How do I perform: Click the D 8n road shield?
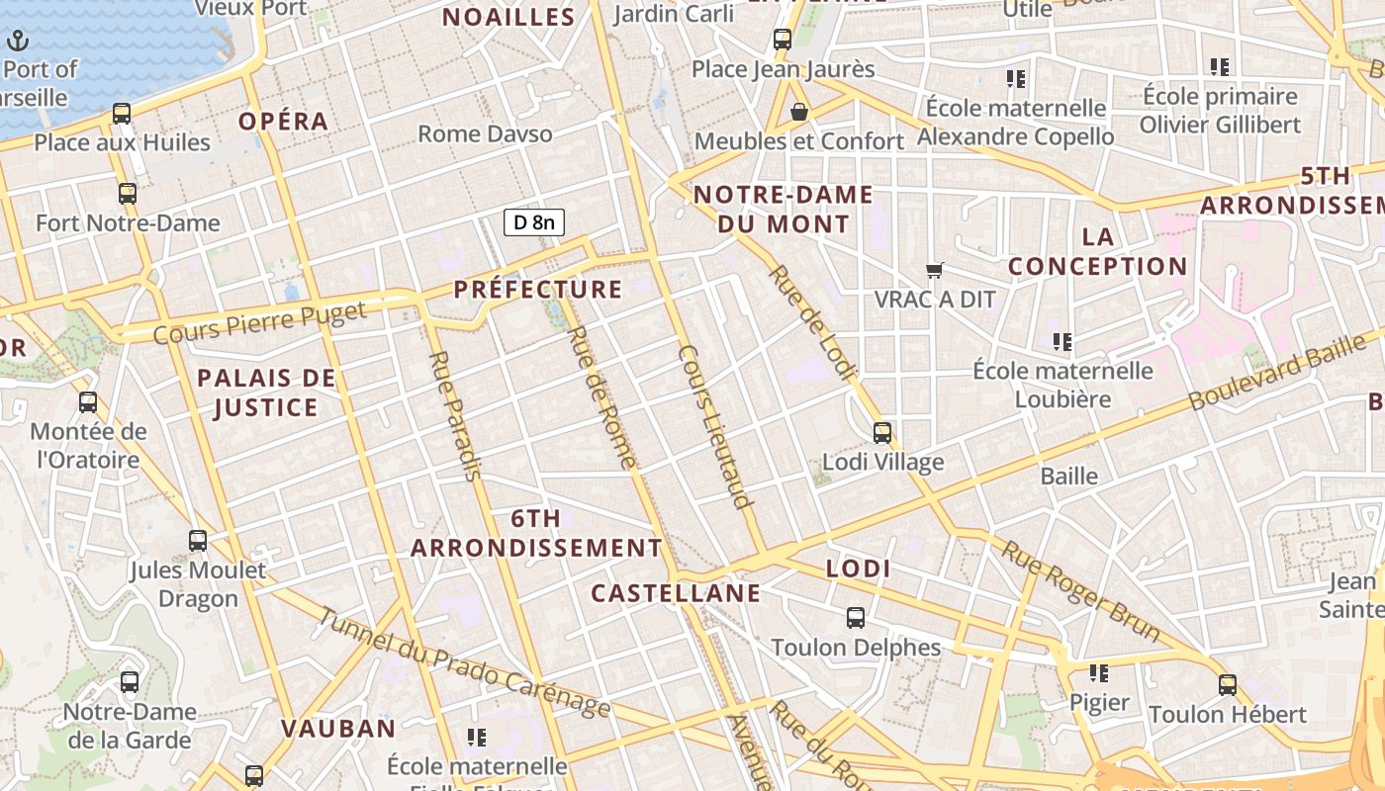534,222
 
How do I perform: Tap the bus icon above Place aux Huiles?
122,114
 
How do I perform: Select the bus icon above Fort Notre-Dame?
128,194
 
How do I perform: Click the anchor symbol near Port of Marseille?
18,42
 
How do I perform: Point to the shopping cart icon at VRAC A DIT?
935,270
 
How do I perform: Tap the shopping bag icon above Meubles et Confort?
799,112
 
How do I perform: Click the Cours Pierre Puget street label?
260,322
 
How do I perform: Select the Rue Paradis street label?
454,415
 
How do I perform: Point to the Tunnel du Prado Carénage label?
464,662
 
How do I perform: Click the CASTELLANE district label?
676,593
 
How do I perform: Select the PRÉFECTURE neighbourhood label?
538,290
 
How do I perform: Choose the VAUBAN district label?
338,729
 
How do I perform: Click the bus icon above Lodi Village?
882,433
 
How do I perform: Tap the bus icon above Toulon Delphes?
856,618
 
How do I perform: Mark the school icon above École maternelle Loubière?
1062,342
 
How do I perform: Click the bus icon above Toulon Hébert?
1228,684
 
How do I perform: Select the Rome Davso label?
485,133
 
